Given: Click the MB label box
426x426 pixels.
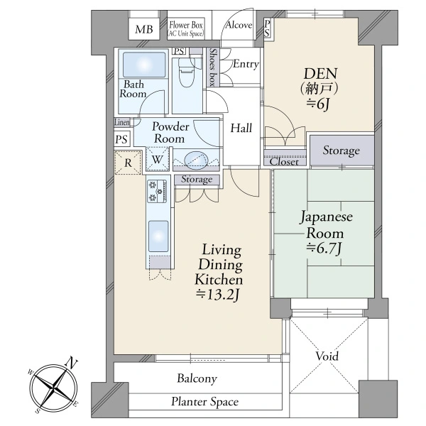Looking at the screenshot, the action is tap(144, 29).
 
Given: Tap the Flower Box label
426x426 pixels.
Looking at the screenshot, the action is tap(186, 26).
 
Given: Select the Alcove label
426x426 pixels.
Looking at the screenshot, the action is tap(239, 25).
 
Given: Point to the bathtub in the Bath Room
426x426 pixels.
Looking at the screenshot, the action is tap(144, 65).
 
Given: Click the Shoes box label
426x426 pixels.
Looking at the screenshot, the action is tap(213, 67).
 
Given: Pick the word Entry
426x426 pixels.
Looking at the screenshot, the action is tap(246, 64).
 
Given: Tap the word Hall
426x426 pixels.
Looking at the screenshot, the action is tap(241, 128).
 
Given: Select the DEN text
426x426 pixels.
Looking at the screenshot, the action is tap(321, 74).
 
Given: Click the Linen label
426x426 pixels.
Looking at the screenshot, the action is tap(122, 122).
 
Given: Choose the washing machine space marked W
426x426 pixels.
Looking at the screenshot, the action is tap(158, 159).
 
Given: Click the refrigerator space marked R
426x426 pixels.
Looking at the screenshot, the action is tap(128, 163).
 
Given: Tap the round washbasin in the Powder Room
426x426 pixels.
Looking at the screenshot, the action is tap(196, 160).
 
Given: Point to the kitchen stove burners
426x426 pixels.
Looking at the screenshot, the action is tap(157, 191).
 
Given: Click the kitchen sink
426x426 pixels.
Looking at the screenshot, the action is tap(158, 236).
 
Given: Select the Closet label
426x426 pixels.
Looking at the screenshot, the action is tap(284, 162).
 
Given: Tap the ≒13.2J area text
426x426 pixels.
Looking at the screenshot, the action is tap(219, 295).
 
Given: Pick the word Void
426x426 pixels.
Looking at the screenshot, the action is tap(327, 356).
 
